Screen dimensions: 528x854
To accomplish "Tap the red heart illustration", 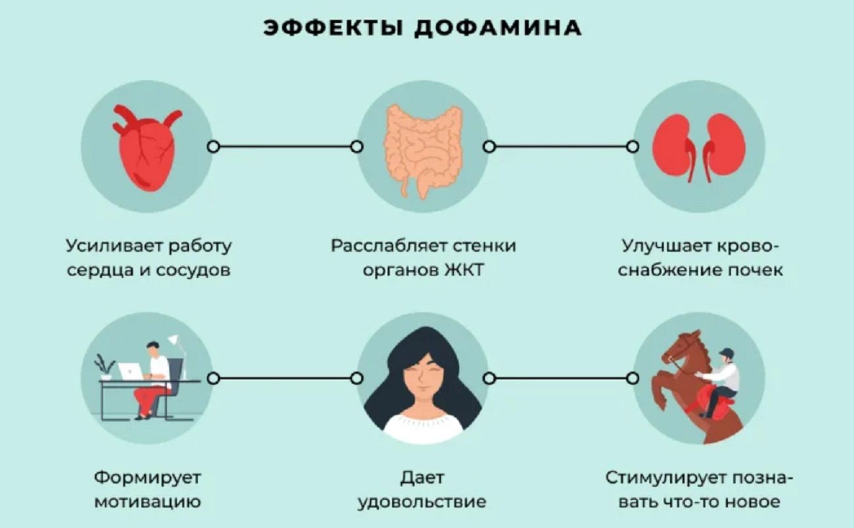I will [145, 149].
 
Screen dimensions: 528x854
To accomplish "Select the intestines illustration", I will [423, 149].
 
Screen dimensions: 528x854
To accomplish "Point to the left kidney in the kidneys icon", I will [674, 147].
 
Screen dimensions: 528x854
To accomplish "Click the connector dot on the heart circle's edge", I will [213, 147].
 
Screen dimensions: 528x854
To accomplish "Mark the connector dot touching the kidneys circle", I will [633, 147].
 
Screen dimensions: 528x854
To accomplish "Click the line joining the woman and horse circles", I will [560, 378].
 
